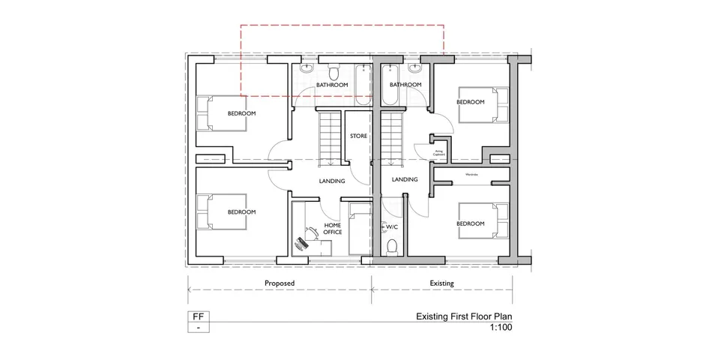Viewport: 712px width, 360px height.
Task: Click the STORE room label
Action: tap(358, 136)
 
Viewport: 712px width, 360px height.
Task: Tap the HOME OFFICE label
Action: tap(333, 229)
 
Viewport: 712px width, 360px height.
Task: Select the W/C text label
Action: tap(392, 226)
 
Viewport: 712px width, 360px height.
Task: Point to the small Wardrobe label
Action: tap(471, 175)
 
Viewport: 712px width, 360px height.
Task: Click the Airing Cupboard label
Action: tap(439, 151)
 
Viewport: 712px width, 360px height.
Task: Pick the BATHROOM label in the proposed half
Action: tap(331, 85)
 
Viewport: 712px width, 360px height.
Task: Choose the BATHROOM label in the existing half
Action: tap(405, 85)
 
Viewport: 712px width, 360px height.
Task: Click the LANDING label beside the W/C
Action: tap(405, 179)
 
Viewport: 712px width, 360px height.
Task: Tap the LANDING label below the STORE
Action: tap(331, 181)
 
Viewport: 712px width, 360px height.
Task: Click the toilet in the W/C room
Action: tap(390, 245)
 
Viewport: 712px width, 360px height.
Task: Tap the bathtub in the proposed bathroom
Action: tap(363, 84)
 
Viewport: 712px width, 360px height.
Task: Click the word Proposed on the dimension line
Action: tap(280, 283)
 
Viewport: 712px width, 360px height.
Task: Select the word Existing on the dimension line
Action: tap(441, 283)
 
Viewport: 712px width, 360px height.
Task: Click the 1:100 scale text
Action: tap(501, 328)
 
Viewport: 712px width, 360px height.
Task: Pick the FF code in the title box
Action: tap(198, 316)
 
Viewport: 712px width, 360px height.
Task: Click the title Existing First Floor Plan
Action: tap(465, 317)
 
